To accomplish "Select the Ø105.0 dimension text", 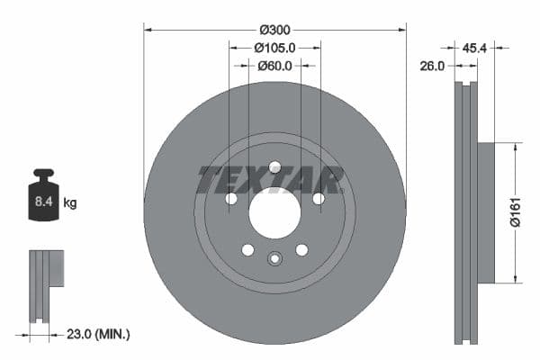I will [275, 48].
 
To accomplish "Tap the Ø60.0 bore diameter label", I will [275, 66].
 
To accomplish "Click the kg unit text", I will [70, 203].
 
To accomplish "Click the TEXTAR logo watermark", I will [270, 180].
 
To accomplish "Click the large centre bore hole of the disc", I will [274, 213].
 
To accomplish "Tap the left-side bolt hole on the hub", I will [231, 199].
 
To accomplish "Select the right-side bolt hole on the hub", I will [318, 199].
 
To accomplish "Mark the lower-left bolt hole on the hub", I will [247, 249].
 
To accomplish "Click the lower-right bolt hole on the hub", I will [301, 249].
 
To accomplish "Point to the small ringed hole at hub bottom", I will [274, 260].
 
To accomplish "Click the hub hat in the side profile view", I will [485, 213].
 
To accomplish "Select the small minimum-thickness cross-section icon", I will [46, 285].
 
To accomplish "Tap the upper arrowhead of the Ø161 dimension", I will [514, 147].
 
